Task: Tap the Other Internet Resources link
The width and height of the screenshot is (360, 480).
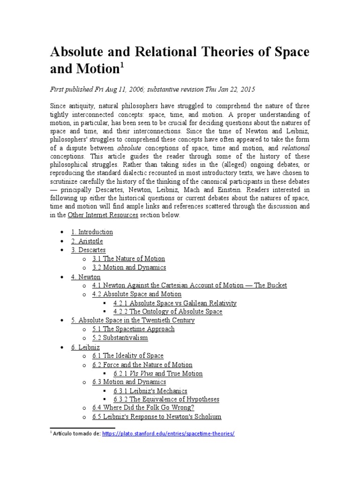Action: pos(103,215)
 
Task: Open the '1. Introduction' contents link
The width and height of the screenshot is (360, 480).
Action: pos(92,232)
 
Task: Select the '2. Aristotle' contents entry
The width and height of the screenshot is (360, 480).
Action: pos(87,241)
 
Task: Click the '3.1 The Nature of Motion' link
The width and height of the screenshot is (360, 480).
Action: pos(128,259)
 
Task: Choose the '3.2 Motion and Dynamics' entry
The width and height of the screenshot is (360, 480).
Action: pos(129,268)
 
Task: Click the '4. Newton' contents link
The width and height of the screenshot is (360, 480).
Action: pos(86,277)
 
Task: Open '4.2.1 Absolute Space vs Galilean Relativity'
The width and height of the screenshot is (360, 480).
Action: pos(175,303)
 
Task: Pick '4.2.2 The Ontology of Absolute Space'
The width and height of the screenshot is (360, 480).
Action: pos(168,312)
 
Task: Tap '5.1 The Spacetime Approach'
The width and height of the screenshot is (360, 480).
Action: pos(133,329)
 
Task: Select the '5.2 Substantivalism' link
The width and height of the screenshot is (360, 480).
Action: pos(120,338)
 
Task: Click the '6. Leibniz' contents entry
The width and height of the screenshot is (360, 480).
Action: pos(86,347)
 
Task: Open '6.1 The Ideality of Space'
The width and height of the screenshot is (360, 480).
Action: pos(128,356)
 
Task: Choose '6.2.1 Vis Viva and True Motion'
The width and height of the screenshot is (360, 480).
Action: pos(158,374)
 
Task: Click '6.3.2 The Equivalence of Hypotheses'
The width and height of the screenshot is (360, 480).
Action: pos(166,399)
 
